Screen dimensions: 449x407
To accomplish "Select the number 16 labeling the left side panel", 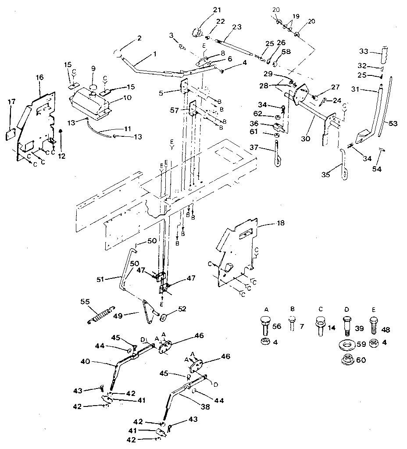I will (39, 78).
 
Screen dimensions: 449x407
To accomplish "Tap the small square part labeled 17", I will (11, 134).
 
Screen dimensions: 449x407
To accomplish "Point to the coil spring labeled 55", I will (101, 314).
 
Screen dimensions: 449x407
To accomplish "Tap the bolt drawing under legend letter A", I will (265, 325).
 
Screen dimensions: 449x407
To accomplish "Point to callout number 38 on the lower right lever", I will (205, 407).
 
